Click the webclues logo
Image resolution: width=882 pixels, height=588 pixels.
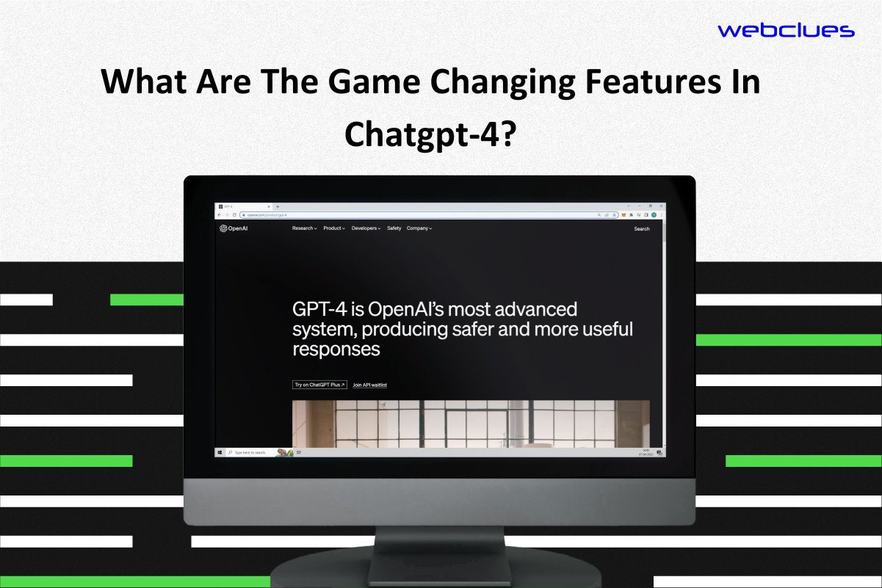(786, 30)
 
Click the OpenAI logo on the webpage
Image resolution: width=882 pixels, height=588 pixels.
(234, 228)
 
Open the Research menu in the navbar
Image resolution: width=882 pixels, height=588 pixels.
(304, 228)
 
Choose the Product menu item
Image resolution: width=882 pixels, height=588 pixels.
(333, 228)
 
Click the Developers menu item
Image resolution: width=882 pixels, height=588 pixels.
(365, 228)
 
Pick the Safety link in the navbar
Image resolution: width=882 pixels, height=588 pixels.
(394, 228)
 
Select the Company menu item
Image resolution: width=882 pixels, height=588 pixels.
(419, 228)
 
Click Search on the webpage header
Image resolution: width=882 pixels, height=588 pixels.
(642, 229)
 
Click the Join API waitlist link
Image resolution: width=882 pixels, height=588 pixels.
(369, 385)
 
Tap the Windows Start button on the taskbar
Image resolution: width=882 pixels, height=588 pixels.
(220, 452)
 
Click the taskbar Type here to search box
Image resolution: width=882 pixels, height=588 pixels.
(250, 452)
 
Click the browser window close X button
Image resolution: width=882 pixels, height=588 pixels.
(661, 206)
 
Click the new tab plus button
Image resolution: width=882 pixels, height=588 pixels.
(278, 207)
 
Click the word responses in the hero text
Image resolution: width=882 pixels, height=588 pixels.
(336, 349)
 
